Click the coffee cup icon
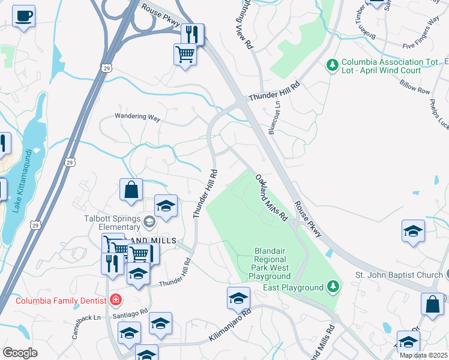point(23,16)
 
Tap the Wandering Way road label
point(138,118)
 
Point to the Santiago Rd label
point(127,313)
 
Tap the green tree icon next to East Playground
point(333,287)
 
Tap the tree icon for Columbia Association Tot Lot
point(331,63)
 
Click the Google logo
point(20,352)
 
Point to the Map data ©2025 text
point(423,355)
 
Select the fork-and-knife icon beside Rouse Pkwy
point(192,34)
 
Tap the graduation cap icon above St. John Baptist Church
point(413,232)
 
